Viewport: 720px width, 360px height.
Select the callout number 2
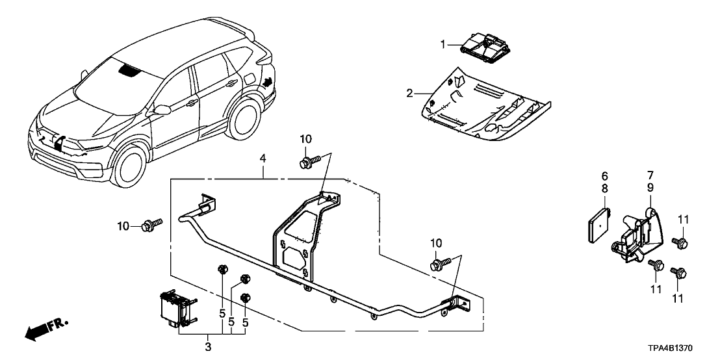pyautogui.click(x=410, y=94)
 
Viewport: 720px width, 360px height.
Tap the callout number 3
pyautogui.click(x=208, y=346)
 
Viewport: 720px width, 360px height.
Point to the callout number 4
pyautogui.click(x=263, y=157)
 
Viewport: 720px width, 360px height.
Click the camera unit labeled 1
pyautogui.click(x=484, y=45)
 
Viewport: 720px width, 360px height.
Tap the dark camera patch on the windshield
pyautogui.click(x=129, y=70)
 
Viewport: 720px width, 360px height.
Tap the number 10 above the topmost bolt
pyautogui.click(x=305, y=139)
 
